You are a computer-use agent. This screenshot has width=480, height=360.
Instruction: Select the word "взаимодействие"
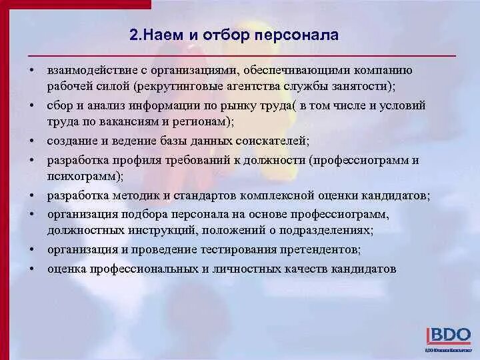point(86,70)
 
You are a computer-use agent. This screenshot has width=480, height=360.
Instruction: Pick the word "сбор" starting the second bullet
point(59,105)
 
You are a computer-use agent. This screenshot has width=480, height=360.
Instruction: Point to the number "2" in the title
point(133,34)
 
